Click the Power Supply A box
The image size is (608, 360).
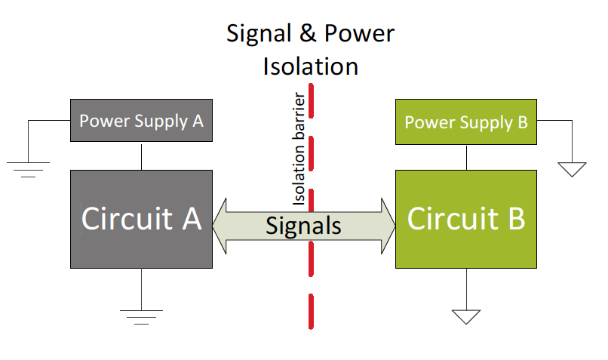(141, 120)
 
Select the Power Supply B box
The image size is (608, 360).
(466, 122)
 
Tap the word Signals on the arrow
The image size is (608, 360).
(303, 226)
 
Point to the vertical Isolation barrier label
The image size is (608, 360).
(299, 150)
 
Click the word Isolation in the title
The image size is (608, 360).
(310, 66)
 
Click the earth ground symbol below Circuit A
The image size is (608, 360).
(141, 316)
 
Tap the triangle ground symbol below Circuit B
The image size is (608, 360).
(466, 316)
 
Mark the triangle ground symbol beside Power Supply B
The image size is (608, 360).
(574, 169)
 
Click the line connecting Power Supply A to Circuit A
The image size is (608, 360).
(141, 156)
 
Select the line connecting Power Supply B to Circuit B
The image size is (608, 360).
(466, 157)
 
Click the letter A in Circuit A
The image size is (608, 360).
(192, 219)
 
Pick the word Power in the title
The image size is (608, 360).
(359, 34)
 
